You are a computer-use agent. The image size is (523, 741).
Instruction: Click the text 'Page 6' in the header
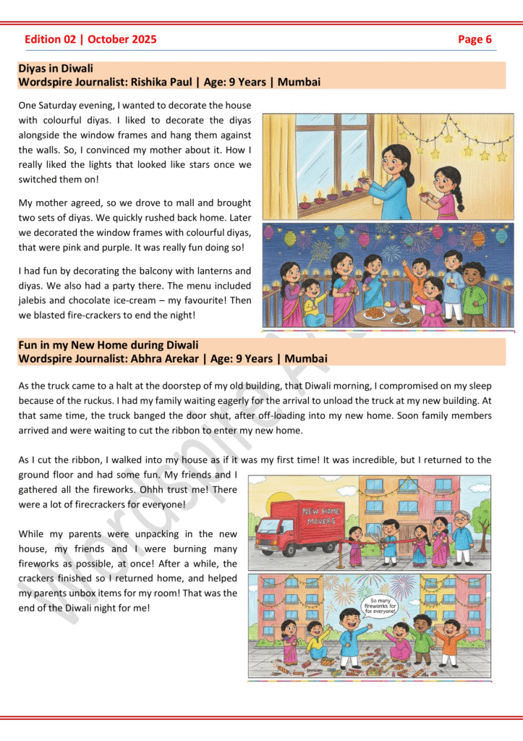tap(475, 39)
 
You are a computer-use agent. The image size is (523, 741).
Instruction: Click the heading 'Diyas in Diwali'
tap(56, 69)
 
